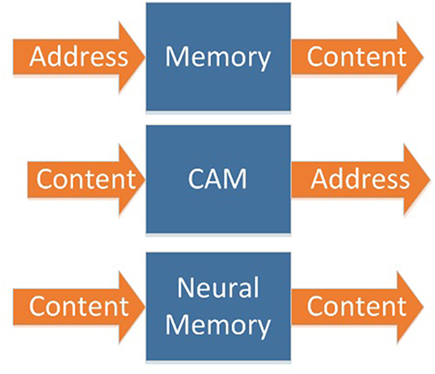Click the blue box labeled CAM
[218, 179]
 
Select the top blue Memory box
[218, 56]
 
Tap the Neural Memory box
[218, 307]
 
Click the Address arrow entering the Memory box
[79, 57]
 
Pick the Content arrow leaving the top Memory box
[357, 57]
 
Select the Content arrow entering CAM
[86, 179]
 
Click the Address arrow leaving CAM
[361, 179]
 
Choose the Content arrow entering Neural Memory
[79, 307]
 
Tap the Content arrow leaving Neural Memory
[357, 307]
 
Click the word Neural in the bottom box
[218, 288]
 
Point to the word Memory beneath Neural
[217, 327]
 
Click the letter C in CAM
[196, 179]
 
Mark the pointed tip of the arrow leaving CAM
[431, 179]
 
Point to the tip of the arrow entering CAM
[145, 179]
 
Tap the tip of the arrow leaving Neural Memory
[424, 307]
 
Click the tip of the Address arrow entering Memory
[145, 57]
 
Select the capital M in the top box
[177, 56]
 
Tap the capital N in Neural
[186, 288]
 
